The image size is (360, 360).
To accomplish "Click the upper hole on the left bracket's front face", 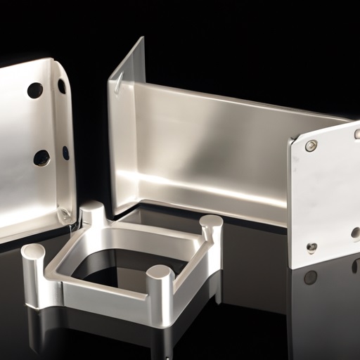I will click(x=35, y=90).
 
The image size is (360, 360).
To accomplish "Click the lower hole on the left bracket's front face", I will click(x=41, y=157).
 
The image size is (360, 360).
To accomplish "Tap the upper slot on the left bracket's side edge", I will click(x=62, y=86).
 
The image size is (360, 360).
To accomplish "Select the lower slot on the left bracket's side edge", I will click(x=65, y=153).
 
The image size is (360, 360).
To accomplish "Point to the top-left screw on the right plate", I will click(x=311, y=146).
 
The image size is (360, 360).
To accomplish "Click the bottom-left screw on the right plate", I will click(x=311, y=247).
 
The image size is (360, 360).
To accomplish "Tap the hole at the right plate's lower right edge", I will click(x=356, y=233).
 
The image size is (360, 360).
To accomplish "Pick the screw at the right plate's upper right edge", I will click(x=357, y=134).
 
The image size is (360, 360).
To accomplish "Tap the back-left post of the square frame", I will click(x=94, y=214).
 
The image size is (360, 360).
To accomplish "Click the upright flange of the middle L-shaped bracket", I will click(x=125, y=127).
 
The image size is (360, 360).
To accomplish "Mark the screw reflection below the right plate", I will click(x=310, y=277).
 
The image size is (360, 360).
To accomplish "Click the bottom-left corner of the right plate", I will click(x=292, y=266).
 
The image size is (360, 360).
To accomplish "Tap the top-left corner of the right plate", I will click(x=290, y=141).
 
